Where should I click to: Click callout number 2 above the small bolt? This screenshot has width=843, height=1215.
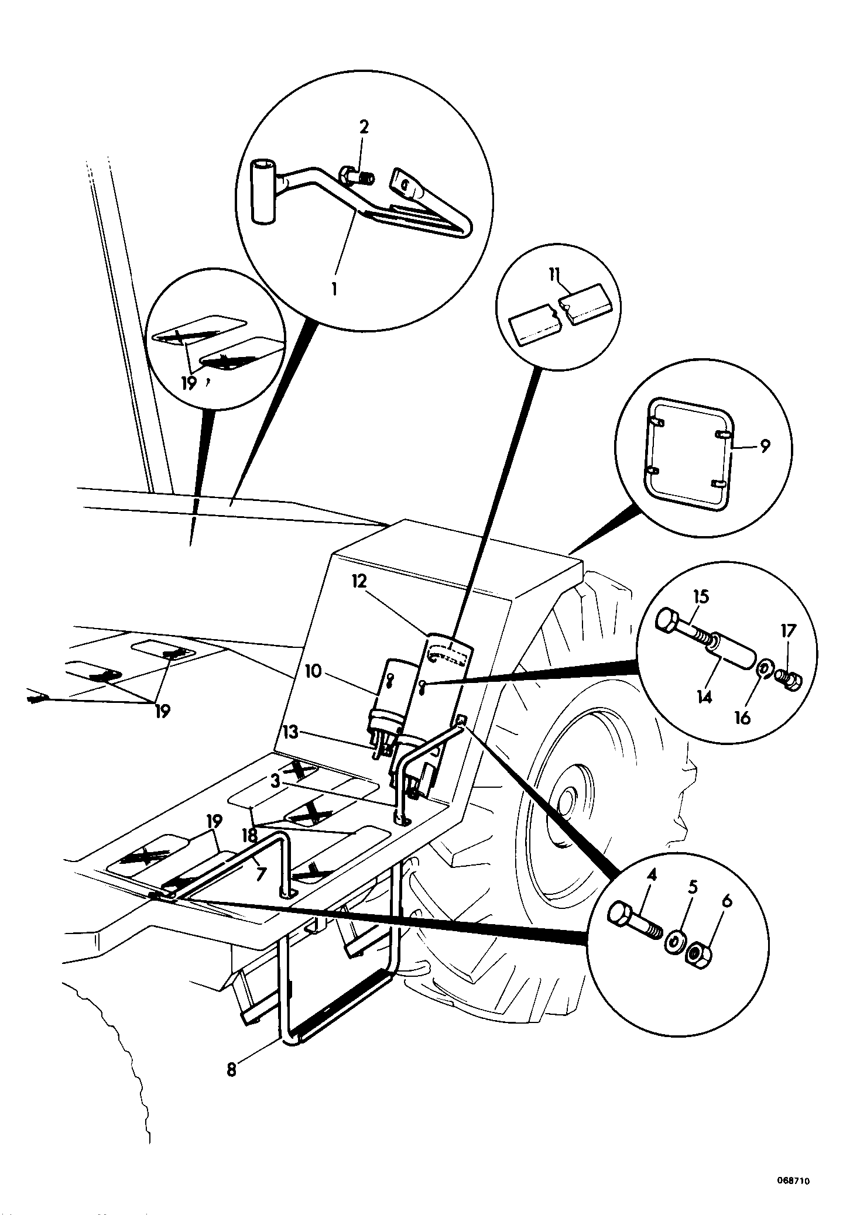pos(364,127)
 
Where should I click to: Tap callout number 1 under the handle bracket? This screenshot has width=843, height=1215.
pos(335,289)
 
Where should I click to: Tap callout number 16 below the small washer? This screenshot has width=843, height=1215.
pos(742,718)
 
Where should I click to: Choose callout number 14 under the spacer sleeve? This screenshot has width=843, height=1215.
pos(704,697)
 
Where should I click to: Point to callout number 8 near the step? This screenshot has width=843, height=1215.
pos(232,1070)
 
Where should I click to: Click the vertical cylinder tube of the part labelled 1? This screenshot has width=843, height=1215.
pos(264,193)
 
